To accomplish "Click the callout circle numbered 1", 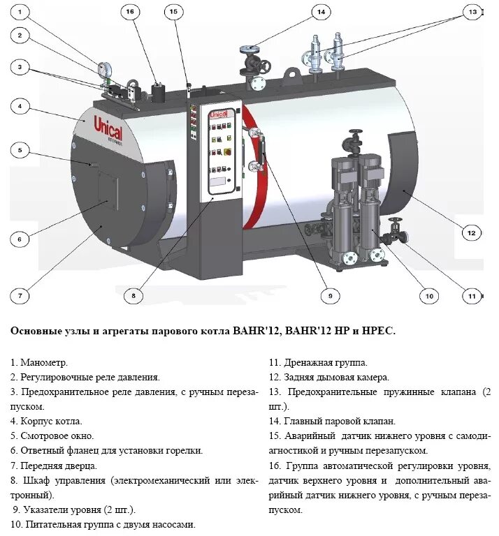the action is (20, 12).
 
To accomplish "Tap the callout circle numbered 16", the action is (130, 12).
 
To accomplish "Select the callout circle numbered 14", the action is (320, 12).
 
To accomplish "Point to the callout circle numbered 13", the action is (473, 12).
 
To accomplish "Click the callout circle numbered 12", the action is (471, 232).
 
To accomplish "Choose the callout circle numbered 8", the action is (133, 295).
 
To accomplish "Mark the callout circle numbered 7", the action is (20, 295).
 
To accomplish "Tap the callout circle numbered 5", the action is (20, 149).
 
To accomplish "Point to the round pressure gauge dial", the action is (106, 69).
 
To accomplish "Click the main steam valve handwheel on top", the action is (249, 50).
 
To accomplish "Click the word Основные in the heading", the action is (36, 332).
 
